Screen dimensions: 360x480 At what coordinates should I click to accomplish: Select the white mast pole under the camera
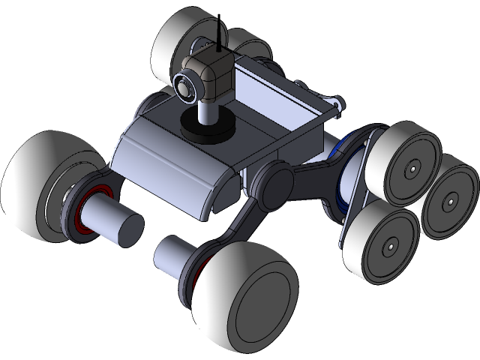pos(205,111)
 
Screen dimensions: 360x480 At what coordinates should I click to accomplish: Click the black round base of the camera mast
pos(205,129)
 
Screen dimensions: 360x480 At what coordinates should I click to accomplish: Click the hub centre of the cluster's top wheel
pos(412,171)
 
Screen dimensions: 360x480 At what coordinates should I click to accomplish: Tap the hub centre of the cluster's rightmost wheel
pos(451,202)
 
